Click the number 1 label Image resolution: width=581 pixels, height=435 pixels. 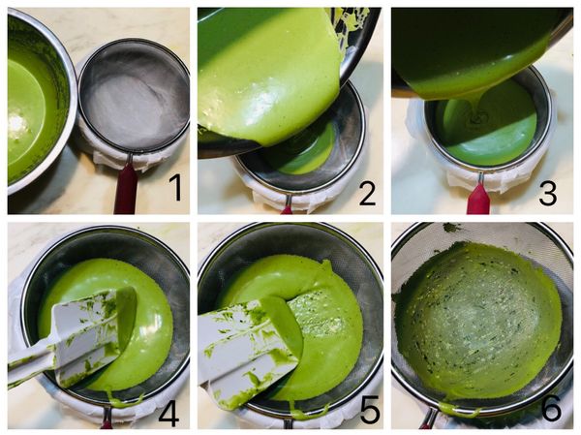point(175,188)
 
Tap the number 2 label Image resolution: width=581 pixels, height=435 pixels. point(368,192)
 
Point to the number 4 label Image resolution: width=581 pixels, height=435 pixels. point(168,411)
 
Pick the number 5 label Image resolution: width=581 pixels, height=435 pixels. point(370,410)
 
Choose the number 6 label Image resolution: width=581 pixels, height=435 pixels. point(551,408)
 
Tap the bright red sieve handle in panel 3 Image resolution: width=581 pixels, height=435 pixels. point(478,199)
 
